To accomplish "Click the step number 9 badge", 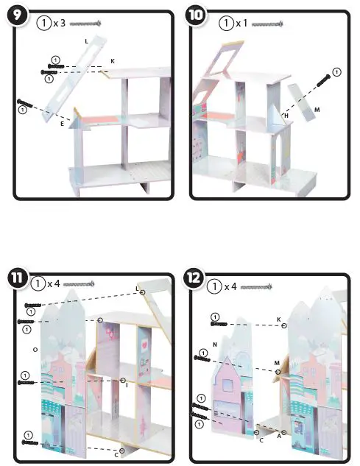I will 16,17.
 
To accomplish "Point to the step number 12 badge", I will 195,278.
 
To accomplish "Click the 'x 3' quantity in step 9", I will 59,23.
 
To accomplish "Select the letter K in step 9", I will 113,60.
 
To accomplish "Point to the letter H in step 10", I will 286,116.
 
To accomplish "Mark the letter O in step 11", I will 35,348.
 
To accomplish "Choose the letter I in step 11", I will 127,384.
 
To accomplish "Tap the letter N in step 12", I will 213,344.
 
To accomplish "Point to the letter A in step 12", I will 279,436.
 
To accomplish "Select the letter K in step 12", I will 278,320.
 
